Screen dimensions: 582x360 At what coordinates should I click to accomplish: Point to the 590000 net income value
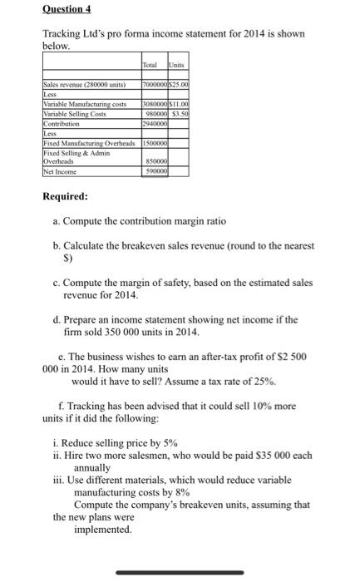pos(155,171)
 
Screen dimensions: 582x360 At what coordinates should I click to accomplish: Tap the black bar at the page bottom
pos(179,572)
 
